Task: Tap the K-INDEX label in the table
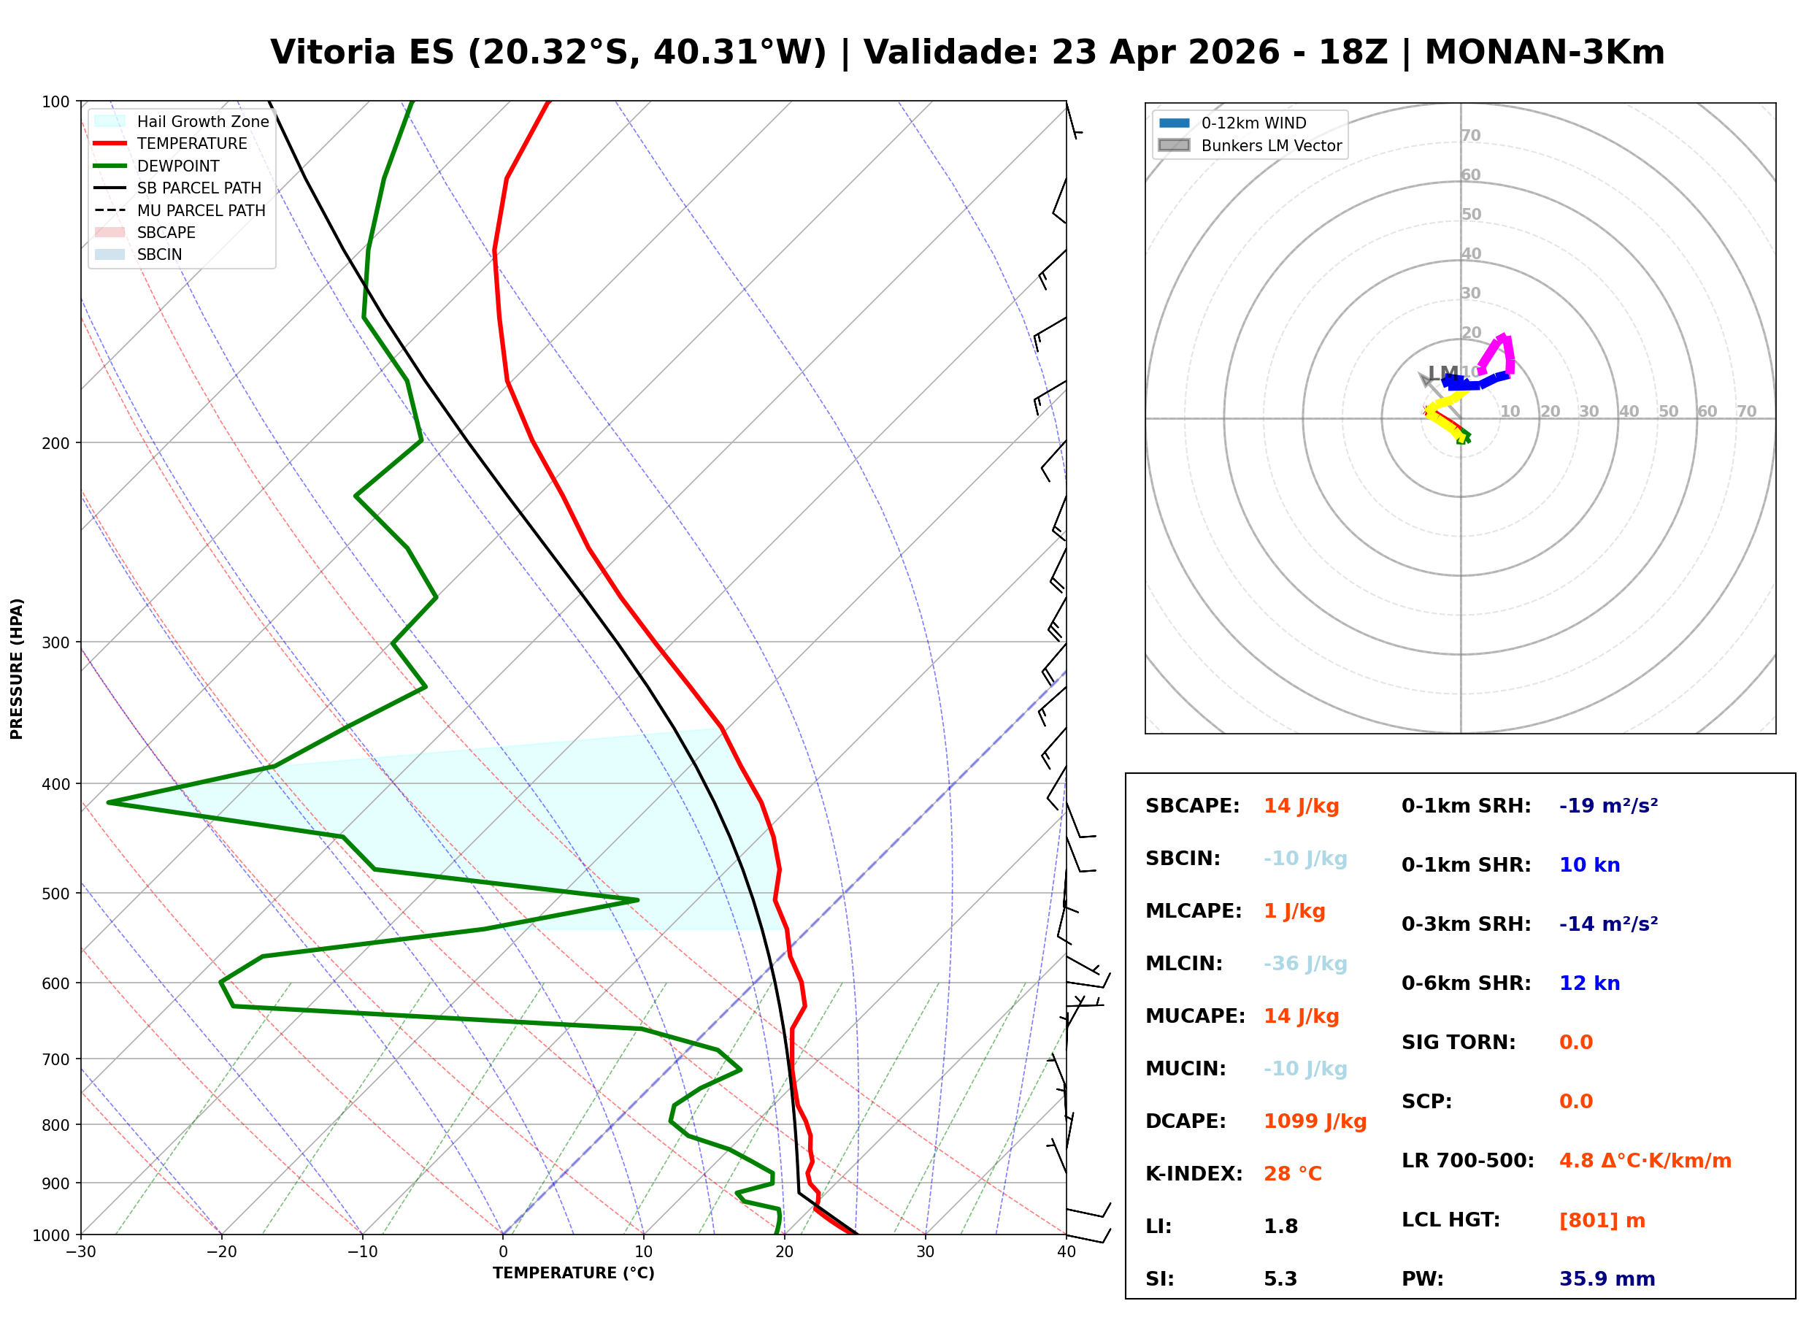(1194, 1174)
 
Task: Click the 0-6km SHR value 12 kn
(1589, 983)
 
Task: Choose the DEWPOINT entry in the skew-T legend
(178, 166)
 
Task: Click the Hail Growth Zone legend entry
(202, 121)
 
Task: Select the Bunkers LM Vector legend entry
(1271, 145)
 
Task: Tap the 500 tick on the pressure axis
(55, 894)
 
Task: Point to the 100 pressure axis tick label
(55, 102)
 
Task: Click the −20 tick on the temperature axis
(220, 1253)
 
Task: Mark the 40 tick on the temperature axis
(1066, 1253)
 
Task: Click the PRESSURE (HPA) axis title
(17, 669)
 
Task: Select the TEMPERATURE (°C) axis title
(573, 1274)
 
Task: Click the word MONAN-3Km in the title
(1544, 53)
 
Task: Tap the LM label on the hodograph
(1443, 374)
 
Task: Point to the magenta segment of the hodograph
(1505, 348)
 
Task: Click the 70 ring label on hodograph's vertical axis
(1470, 136)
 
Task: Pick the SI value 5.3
(1280, 1279)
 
